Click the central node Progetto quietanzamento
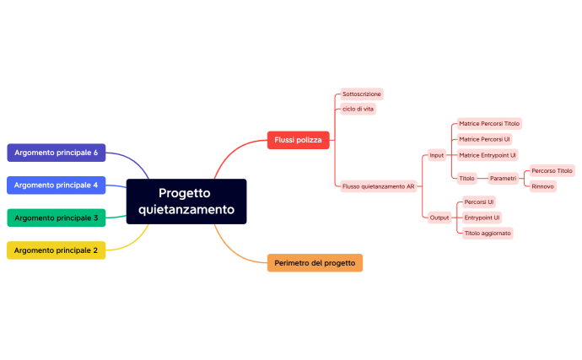[186, 201]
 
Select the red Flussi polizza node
[298, 140]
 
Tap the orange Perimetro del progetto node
[315, 263]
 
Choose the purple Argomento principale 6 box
[57, 153]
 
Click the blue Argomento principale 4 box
[57, 185]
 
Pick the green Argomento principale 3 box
[57, 218]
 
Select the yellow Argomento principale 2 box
[57, 250]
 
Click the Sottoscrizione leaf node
[362, 94]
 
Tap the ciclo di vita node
[358, 109]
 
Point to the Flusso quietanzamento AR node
[379, 186]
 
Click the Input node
[437, 155]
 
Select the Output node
[439, 218]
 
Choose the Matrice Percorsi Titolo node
[489, 123]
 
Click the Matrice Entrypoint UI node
[487, 155]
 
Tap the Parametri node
[504, 179]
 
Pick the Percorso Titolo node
[552, 170]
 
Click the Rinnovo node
[543, 186]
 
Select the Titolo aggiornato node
[488, 233]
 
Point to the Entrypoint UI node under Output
[482, 218]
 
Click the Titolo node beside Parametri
[466, 179]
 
